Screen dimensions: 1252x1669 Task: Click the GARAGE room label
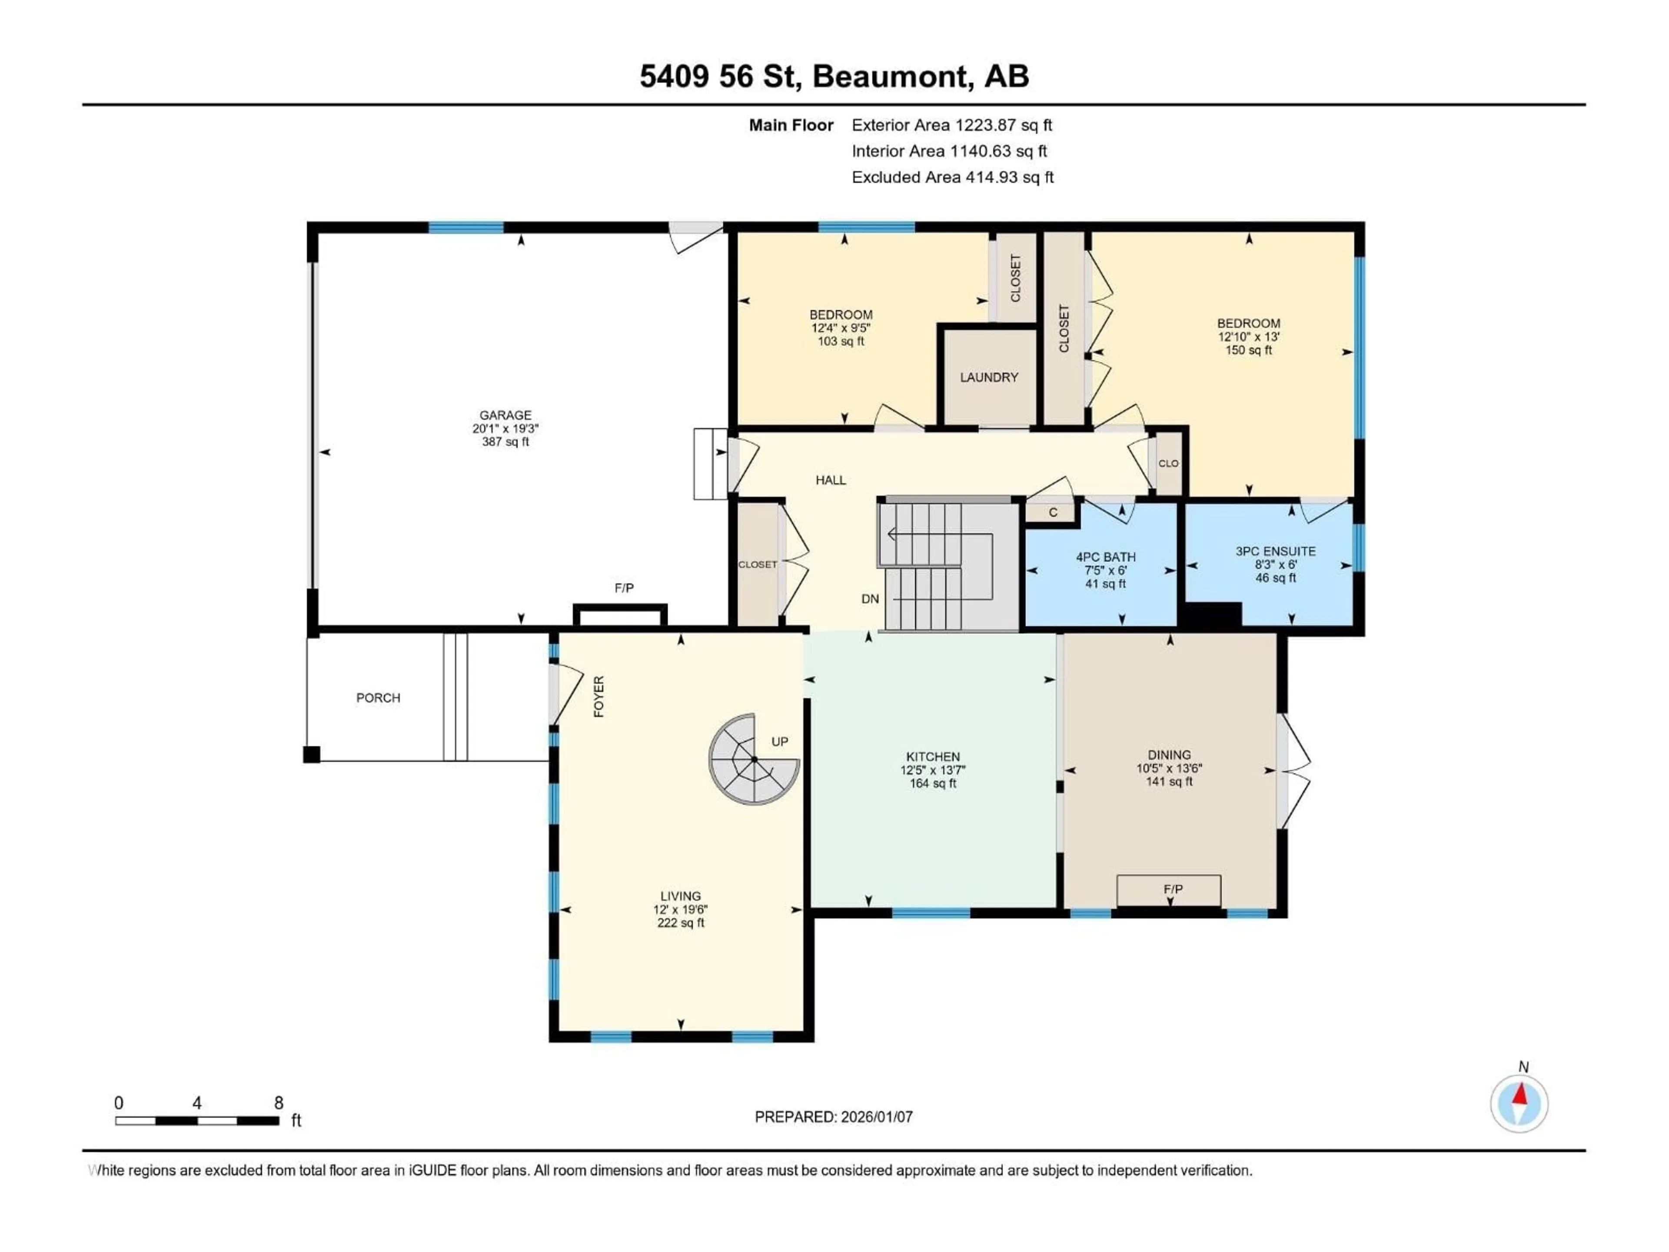[505, 415]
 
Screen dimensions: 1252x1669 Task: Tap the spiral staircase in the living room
[753, 759]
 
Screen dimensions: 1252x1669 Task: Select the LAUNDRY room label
[988, 377]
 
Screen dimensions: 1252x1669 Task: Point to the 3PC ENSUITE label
[1275, 552]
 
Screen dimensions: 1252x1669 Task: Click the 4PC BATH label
[1105, 557]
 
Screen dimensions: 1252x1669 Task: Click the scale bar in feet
[197, 1121]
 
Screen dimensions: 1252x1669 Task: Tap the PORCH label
[378, 698]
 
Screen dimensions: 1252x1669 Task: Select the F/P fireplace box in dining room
[1169, 890]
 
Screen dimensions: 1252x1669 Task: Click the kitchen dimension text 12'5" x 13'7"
[933, 770]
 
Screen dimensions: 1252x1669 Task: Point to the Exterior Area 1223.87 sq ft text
[951, 125]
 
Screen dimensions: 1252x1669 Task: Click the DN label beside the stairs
[870, 599]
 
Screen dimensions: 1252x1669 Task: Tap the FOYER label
[599, 696]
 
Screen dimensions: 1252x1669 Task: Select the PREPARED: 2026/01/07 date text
[834, 1117]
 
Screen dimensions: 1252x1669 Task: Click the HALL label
[830, 480]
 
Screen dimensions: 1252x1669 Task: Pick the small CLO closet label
[1168, 463]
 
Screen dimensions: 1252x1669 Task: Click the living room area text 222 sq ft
[681, 923]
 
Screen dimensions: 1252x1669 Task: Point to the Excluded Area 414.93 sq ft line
[952, 177]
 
